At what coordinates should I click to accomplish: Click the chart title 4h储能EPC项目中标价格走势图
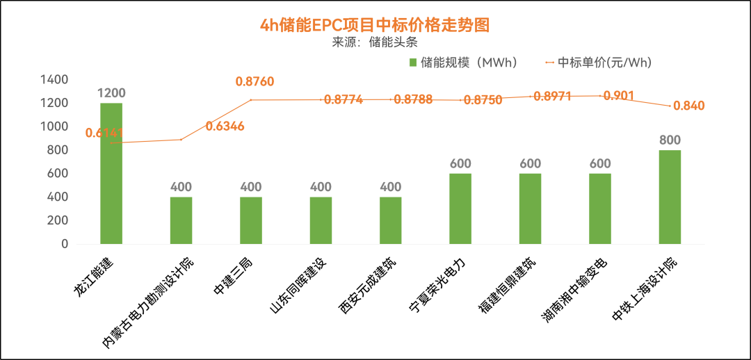[375, 25]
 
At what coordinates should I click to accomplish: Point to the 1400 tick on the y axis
[54, 80]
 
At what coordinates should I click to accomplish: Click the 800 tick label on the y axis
[57, 150]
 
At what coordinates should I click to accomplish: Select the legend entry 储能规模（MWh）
[463, 63]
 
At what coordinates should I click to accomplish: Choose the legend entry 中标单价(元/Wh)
[599, 63]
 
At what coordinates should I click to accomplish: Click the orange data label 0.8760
[255, 82]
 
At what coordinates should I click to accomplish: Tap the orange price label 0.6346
[225, 126]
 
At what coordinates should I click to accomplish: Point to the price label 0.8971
[552, 97]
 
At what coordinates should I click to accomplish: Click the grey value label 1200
[111, 93]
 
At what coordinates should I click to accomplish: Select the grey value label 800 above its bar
[670, 140]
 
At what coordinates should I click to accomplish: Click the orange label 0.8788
[413, 99]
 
